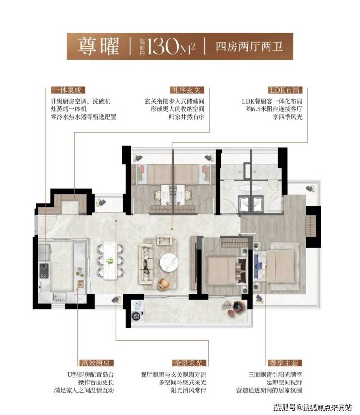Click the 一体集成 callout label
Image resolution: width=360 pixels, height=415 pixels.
point(68,90)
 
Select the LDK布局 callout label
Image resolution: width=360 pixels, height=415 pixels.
point(285,90)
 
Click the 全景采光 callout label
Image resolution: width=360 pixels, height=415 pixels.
point(189,363)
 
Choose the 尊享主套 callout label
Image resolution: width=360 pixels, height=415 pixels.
point(285,363)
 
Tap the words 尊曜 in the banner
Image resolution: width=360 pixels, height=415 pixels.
point(98,46)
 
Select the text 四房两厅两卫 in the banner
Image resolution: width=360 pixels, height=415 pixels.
point(249,47)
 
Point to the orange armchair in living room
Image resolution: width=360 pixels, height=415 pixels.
point(164,284)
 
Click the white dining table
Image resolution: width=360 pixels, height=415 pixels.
point(110,261)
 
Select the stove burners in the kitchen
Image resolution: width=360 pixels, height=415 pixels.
point(44,271)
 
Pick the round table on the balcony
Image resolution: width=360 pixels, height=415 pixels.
point(237,307)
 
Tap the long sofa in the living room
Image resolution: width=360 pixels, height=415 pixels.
point(145,264)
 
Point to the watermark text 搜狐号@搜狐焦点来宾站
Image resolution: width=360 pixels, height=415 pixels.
point(313,407)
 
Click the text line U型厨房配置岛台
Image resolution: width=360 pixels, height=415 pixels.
point(90,375)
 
